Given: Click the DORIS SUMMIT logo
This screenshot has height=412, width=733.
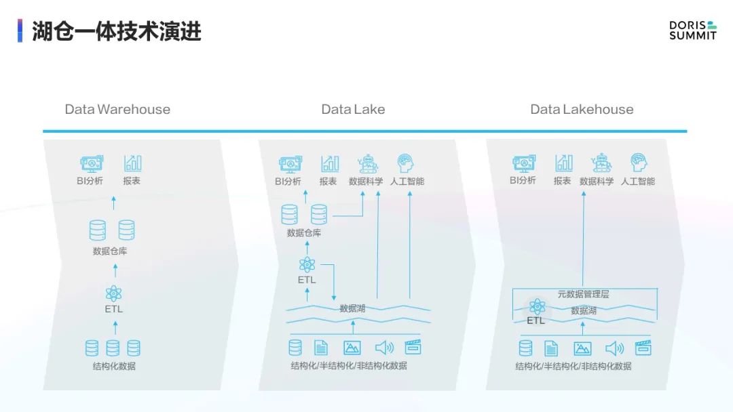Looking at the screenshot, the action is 693,30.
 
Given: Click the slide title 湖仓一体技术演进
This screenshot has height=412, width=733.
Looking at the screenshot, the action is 117,31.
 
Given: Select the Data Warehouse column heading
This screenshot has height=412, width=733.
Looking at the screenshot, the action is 117,109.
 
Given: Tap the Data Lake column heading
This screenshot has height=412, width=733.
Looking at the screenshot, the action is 353,109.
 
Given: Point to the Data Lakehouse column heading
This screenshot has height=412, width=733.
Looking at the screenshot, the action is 582,109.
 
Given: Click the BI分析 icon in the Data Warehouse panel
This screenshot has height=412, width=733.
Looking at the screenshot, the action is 91,164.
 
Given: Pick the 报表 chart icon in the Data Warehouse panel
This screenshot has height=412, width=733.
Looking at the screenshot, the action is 133,163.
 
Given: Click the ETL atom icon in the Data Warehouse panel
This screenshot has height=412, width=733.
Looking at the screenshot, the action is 113,293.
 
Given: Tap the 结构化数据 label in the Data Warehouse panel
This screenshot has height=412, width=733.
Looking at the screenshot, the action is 114,367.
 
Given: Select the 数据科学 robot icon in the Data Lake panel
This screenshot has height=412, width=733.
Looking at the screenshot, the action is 367,164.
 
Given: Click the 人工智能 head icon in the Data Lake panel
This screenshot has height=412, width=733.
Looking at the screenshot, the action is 405,163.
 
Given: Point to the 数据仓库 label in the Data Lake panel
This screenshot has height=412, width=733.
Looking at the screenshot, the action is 304,233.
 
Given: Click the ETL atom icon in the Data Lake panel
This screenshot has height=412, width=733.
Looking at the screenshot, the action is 307,264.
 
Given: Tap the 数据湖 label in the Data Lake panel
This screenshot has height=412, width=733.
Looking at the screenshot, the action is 352,308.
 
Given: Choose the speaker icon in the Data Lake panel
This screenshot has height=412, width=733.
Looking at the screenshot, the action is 384,348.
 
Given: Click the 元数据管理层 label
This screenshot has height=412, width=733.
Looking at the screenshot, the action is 583,294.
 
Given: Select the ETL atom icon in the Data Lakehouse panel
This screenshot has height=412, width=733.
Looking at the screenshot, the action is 537,306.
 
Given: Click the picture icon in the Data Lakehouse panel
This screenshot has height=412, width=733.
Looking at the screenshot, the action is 582,348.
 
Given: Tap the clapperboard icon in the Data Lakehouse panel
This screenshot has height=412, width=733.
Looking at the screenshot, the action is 643,348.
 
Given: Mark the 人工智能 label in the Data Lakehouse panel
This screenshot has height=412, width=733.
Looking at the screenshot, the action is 637,181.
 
